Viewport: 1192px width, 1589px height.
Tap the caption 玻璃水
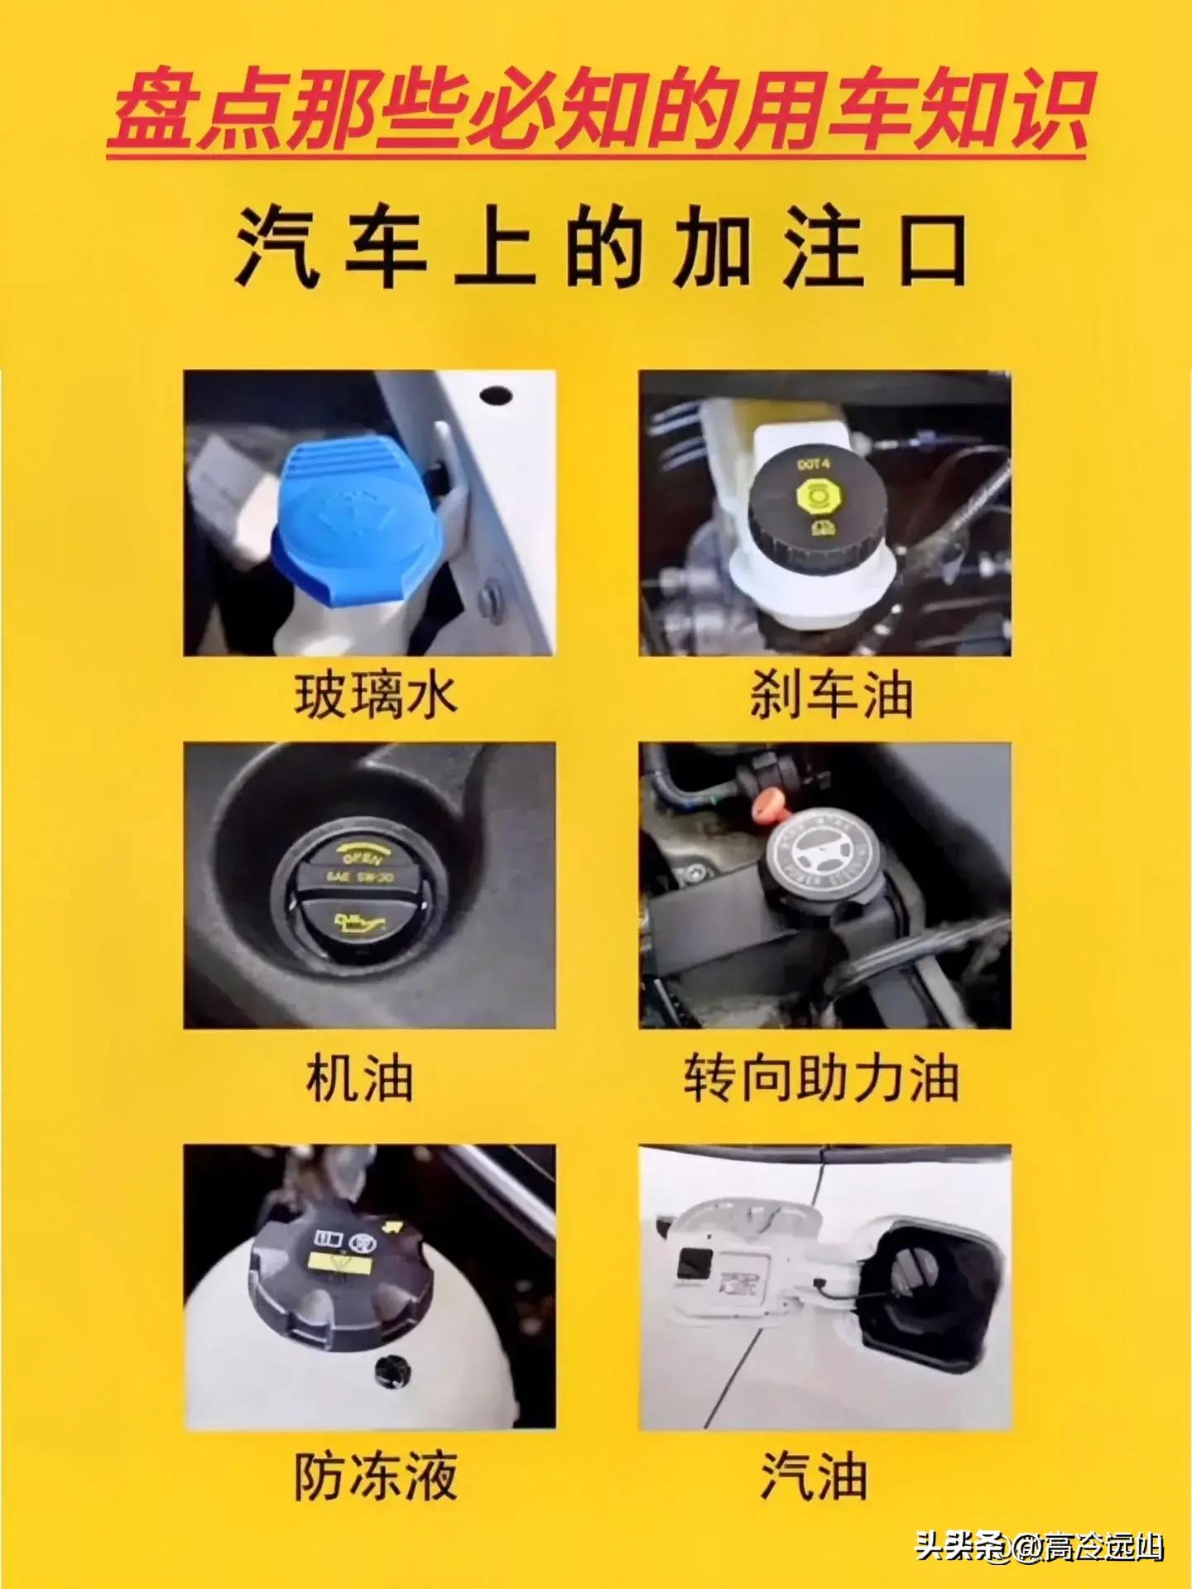[376, 695]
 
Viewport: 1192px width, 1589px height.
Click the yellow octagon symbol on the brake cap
[813, 496]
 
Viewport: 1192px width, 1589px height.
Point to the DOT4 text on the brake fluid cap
[813, 464]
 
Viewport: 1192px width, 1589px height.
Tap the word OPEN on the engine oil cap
[362, 857]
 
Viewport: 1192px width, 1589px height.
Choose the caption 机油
[359, 1078]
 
